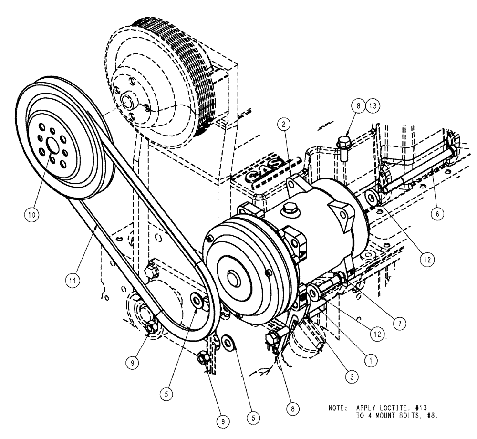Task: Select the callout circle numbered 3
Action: (351, 376)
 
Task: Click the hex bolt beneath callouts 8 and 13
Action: (343, 143)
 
